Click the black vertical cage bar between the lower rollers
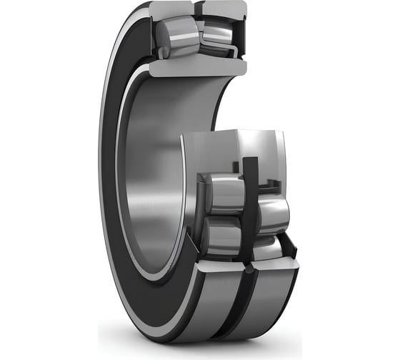249,207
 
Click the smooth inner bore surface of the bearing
154,179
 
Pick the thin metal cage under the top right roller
218,53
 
